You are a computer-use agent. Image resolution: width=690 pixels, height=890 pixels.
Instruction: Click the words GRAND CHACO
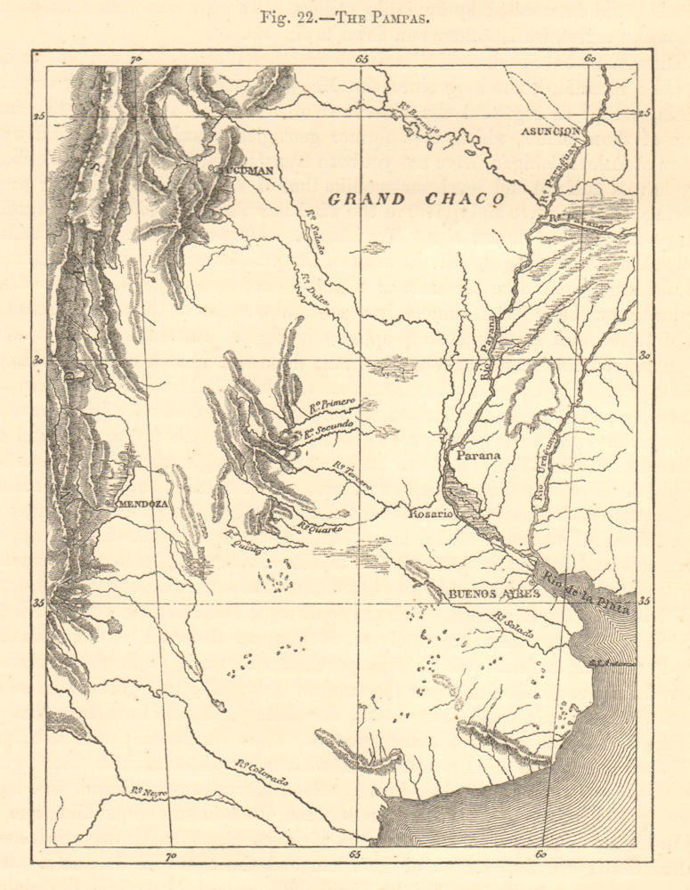(417, 199)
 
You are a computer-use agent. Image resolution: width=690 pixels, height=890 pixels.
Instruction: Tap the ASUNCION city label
(551, 131)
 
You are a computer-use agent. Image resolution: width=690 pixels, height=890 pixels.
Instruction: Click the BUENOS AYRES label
(493, 594)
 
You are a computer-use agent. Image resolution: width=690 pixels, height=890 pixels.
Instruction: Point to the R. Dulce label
(319, 289)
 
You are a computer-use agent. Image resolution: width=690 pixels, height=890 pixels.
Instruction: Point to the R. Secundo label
(329, 429)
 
